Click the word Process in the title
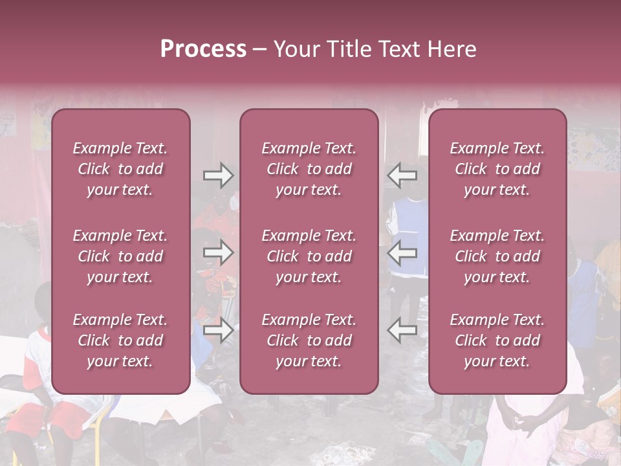(x=203, y=49)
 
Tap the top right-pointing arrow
(x=218, y=175)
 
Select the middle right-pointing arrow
(x=218, y=252)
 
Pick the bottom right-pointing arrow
(x=218, y=330)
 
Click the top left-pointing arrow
(x=402, y=175)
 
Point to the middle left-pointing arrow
(x=402, y=252)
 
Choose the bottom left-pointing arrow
(x=402, y=330)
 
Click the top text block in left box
(x=120, y=169)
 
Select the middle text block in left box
(x=120, y=256)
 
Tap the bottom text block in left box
(x=120, y=340)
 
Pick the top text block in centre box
(x=309, y=169)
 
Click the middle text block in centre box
(x=309, y=256)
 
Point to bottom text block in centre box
(x=309, y=340)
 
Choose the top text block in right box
(x=497, y=169)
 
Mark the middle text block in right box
(x=497, y=256)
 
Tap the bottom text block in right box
(x=497, y=340)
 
